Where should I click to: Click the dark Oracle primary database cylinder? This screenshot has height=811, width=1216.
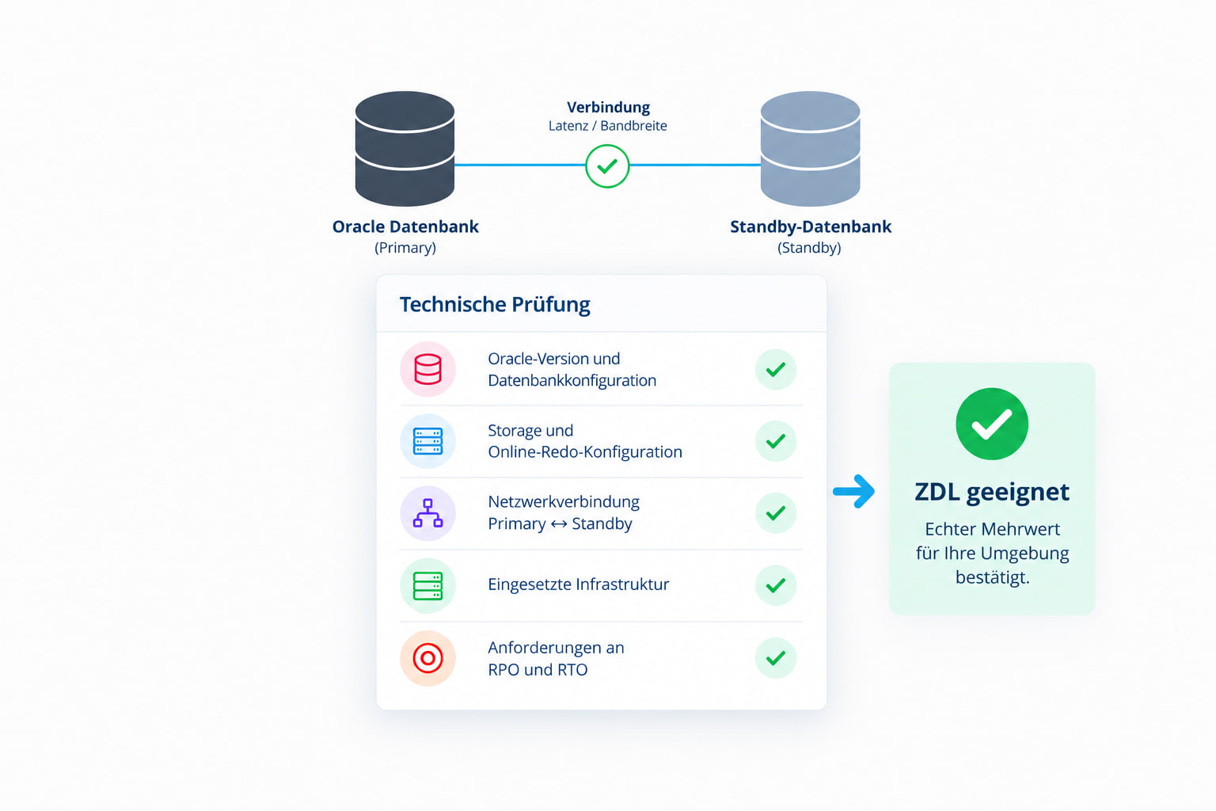click(x=405, y=148)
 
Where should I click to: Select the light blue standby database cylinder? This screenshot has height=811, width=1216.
click(x=810, y=148)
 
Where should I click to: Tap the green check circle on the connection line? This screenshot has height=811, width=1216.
click(x=607, y=166)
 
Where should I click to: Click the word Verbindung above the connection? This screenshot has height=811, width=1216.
click(x=608, y=107)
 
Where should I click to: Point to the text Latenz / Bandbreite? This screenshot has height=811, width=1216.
click(x=607, y=126)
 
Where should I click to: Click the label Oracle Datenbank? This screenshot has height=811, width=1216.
click(x=405, y=227)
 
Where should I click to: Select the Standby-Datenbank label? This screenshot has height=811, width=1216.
click(x=811, y=227)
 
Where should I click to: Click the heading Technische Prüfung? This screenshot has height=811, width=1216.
click(x=495, y=304)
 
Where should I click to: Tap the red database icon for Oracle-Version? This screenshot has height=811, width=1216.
click(x=427, y=369)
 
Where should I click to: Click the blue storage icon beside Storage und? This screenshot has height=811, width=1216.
click(x=427, y=441)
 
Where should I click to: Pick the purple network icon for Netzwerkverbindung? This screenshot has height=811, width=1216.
click(x=427, y=513)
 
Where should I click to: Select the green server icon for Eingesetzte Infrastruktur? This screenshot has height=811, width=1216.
click(x=427, y=585)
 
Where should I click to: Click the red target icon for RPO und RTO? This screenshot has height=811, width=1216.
click(x=427, y=658)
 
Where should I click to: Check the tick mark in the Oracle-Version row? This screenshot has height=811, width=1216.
click(x=776, y=369)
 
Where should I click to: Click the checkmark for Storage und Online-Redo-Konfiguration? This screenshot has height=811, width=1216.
click(x=776, y=441)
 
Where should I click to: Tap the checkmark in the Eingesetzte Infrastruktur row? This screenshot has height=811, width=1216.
click(x=776, y=585)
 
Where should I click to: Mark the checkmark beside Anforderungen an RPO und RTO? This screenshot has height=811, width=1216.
click(x=776, y=658)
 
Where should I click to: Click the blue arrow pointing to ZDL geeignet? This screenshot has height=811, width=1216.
click(x=854, y=492)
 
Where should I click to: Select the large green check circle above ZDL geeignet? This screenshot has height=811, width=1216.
click(x=992, y=424)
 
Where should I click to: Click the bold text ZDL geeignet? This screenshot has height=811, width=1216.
click(x=992, y=492)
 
